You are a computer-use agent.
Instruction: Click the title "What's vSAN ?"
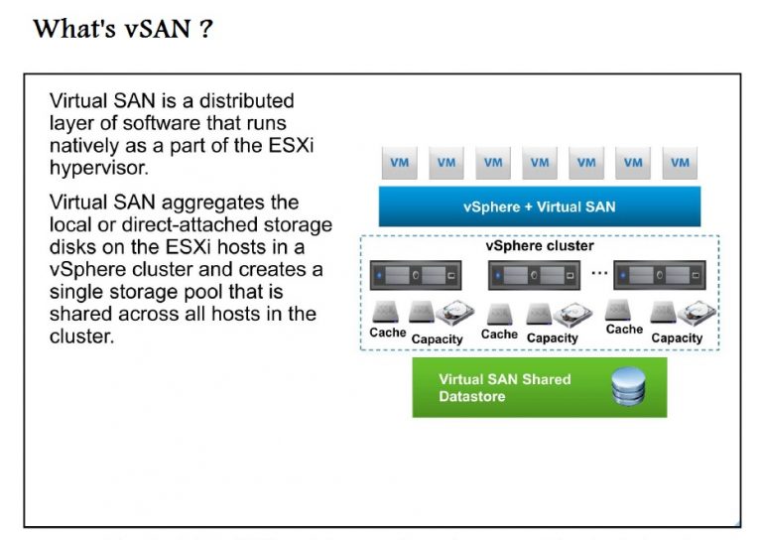tap(123, 28)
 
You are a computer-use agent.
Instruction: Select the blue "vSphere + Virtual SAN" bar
tap(539, 206)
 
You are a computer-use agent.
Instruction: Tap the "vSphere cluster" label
tap(540, 245)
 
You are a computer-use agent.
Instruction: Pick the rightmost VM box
tap(680, 163)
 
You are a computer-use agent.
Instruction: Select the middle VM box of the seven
tap(540, 163)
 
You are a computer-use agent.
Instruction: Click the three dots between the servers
tap(598, 270)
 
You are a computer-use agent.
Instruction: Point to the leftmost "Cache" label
tap(387, 333)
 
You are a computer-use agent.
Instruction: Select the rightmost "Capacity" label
tap(677, 337)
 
